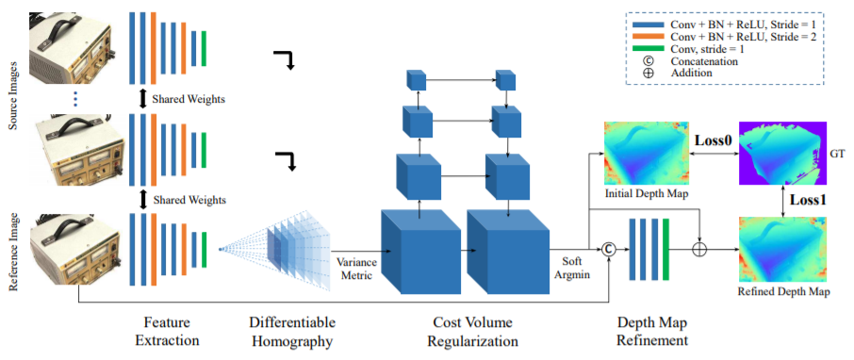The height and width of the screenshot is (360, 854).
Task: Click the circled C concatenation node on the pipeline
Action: (x=608, y=249)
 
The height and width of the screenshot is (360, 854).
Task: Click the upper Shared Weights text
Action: (x=189, y=98)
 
